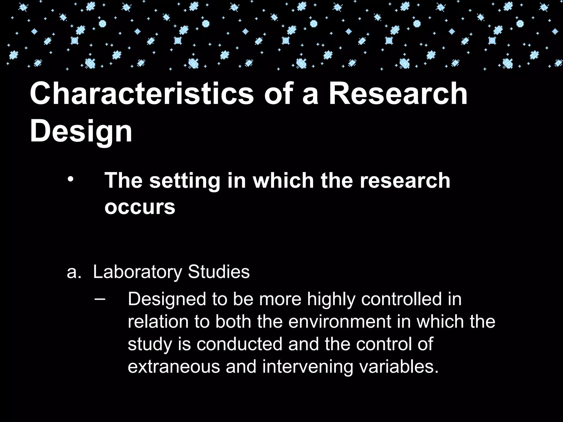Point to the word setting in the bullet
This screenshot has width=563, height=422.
(x=184, y=181)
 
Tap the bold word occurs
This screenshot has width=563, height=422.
(x=140, y=207)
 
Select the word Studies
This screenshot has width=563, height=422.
(x=219, y=272)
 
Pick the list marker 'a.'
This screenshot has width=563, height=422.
(x=74, y=272)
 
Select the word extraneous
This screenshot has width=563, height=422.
(x=174, y=367)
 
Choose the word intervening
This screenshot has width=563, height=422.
(x=308, y=367)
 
